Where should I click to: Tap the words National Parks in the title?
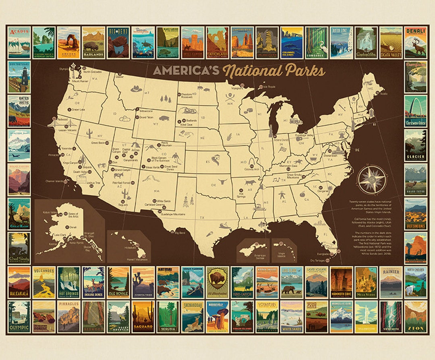[x=274, y=71]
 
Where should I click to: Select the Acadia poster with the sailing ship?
[x=19, y=43]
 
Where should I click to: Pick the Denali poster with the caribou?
[x=416, y=43]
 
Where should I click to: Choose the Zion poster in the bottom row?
[x=416, y=317]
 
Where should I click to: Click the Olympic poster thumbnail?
[x=19, y=317]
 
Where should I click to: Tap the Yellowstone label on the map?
[x=147, y=110]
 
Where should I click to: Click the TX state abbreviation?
[x=202, y=218]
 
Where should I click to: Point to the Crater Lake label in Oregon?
[x=79, y=110]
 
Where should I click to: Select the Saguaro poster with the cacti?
[x=143, y=317]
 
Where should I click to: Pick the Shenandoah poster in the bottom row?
[x=193, y=317]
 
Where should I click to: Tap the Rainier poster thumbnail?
[x=391, y=282]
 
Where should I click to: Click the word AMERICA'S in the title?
[x=186, y=70]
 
